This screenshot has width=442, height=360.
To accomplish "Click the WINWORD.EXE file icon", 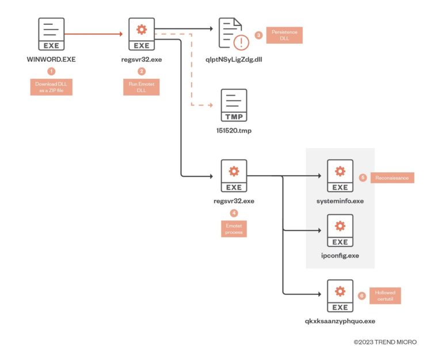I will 51,34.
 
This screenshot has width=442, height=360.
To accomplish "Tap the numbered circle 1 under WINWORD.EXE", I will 51,71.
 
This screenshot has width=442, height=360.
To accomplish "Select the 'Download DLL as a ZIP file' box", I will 51,87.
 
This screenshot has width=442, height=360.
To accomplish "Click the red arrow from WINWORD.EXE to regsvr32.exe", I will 95,34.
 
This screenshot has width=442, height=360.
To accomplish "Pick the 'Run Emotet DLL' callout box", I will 142,87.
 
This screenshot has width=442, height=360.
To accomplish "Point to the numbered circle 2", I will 142,71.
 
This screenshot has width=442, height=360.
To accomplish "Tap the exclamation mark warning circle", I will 241,42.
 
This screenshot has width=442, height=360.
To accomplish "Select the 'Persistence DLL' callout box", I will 284,35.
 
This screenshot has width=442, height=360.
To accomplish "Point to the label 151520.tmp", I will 234,130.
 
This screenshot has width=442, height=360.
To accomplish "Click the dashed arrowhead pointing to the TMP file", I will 210,105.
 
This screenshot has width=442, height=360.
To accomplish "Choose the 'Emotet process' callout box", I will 234,228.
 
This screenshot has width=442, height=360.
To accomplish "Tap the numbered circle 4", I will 234,213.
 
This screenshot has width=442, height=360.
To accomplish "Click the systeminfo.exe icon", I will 340,176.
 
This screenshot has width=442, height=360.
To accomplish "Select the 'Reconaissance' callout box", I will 392,178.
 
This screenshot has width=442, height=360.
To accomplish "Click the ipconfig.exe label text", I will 340,255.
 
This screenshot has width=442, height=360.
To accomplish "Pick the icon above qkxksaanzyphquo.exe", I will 340,295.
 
